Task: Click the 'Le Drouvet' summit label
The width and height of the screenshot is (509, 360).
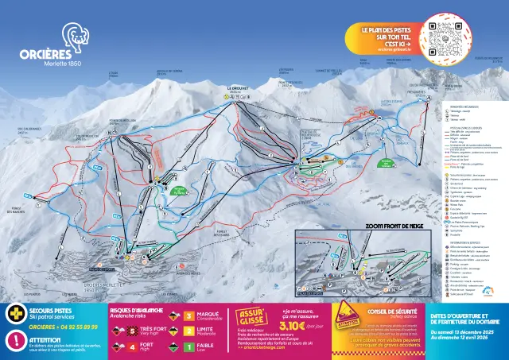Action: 238,88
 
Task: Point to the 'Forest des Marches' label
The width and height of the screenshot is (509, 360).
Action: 18,211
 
